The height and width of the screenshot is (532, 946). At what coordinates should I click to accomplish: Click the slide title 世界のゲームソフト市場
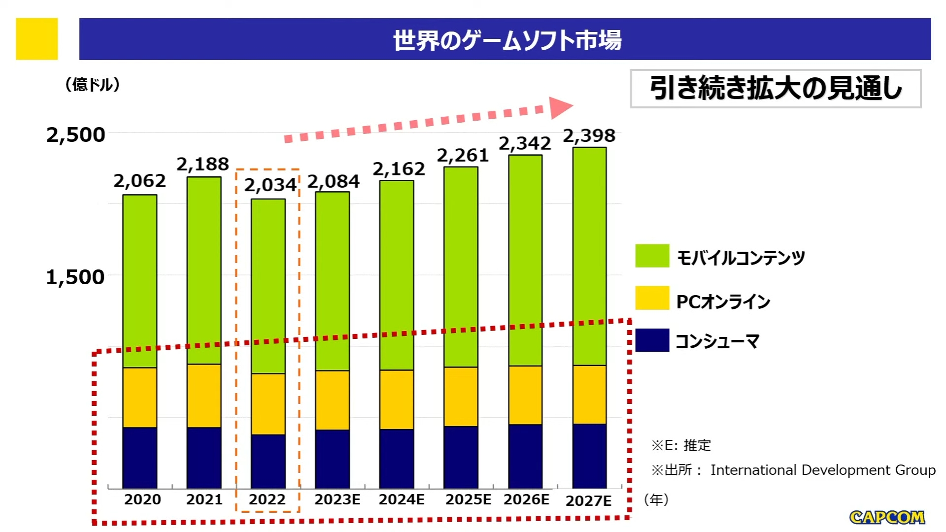click(507, 40)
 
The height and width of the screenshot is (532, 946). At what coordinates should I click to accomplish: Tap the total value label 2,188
click(203, 164)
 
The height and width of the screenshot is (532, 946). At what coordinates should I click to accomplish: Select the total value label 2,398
click(589, 136)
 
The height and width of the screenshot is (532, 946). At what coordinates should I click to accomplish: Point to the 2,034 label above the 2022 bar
click(270, 185)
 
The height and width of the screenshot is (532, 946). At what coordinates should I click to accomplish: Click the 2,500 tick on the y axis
click(76, 135)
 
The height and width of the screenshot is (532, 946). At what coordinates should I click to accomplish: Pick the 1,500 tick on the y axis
click(75, 277)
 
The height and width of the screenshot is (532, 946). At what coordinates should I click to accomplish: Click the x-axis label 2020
click(142, 499)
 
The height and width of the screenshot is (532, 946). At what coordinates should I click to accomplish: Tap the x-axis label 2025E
click(468, 499)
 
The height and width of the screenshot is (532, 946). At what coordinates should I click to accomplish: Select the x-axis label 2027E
click(588, 500)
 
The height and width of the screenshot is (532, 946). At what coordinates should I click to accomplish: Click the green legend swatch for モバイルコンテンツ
click(652, 256)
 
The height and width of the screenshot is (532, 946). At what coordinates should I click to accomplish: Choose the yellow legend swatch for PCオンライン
click(652, 298)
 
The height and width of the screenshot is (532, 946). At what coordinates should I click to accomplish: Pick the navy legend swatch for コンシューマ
click(652, 340)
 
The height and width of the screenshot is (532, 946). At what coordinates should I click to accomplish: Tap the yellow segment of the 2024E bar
click(397, 399)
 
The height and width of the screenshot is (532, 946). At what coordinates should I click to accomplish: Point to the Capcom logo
click(887, 517)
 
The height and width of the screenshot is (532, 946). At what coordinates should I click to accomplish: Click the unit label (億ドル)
click(93, 85)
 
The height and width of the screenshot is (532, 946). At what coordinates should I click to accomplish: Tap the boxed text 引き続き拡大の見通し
click(776, 89)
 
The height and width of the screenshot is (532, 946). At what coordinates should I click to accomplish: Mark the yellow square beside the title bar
click(37, 39)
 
